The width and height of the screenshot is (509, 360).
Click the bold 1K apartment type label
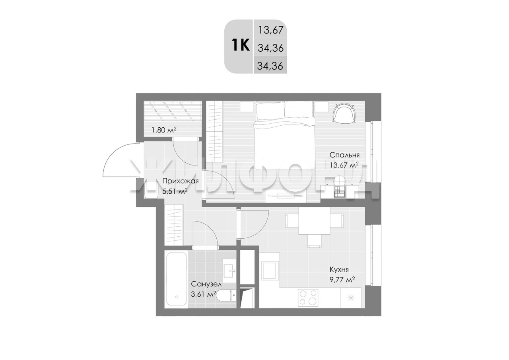(x=241, y=45)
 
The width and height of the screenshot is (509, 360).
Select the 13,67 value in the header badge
(x=271, y=30)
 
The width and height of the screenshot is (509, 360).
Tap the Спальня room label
(x=344, y=155)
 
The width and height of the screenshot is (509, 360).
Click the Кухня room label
(x=339, y=270)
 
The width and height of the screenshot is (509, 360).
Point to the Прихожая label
(x=181, y=181)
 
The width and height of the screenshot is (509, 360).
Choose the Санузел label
(x=206, y=284)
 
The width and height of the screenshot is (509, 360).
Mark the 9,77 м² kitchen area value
(x=342, y=280)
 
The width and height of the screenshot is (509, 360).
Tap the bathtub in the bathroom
(x=176, y=279)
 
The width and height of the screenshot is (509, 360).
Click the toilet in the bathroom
(x=226, y=296)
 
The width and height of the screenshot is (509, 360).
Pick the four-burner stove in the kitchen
(x=308, y=298)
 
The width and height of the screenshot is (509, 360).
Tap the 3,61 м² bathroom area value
(x=203, y=294)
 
